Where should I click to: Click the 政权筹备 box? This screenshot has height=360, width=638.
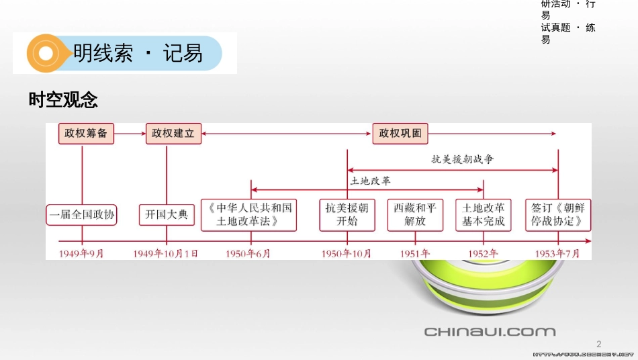coord(86,134)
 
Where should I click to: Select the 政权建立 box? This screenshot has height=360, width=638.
coord(173,134)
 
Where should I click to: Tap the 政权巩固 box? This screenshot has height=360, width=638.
coord(400,134)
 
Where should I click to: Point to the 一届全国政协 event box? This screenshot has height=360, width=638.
coord(82,215)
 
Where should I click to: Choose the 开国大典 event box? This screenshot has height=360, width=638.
coord(167,215)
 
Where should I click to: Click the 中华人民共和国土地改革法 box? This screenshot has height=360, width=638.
coord(248,215)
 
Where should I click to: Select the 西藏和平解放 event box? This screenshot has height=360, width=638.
coord(415,215)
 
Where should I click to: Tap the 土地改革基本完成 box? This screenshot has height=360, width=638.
coord(484,215)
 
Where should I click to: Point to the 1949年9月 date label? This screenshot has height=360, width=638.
coord(82,253)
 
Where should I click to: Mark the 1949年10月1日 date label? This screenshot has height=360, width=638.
coord(166,253)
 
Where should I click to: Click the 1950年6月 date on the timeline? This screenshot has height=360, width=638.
coord(248,253)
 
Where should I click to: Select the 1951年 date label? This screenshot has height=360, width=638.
coord(415,253)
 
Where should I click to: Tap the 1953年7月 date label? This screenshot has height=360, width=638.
coord(557,253)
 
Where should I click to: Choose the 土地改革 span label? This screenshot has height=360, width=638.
coord(370,181)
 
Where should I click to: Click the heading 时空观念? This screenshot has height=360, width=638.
coord(63,101)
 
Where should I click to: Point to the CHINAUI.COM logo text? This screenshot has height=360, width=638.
coord(490,331)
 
